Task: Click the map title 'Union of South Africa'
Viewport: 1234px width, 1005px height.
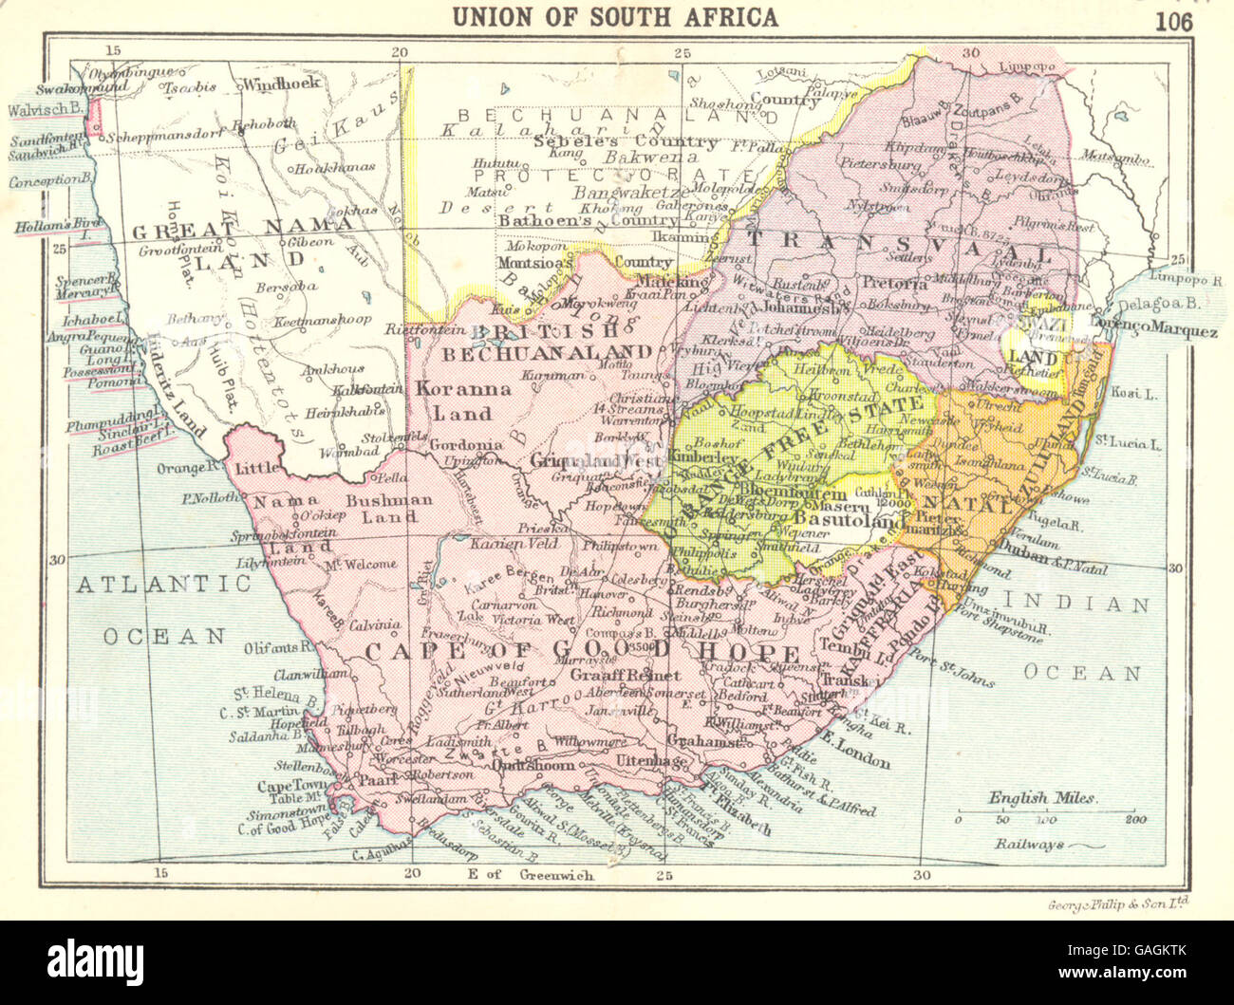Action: tap(615, 16)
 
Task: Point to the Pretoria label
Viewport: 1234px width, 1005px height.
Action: tap(894, 283)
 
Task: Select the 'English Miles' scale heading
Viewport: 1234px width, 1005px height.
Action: tap(1042, 798)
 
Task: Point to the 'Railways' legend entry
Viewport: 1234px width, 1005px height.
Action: tap(1030, 844)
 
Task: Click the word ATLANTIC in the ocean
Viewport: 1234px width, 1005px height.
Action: tap(164, 584)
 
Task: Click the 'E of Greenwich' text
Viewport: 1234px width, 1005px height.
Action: tap(530, 874)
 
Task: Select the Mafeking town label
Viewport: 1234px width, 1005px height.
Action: tap(672, 282)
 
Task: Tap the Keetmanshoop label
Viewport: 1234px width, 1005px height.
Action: tap(323, 321)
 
